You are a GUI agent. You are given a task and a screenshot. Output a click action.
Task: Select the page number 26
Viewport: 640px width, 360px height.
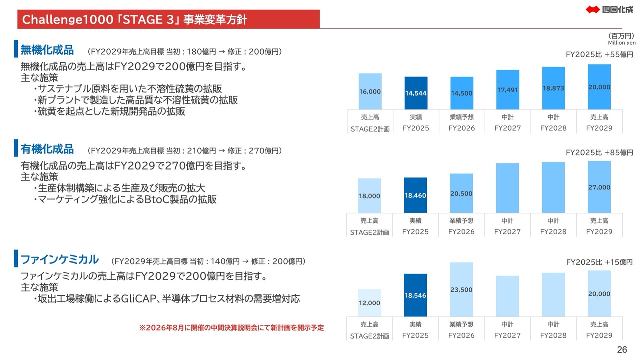click(622, 349)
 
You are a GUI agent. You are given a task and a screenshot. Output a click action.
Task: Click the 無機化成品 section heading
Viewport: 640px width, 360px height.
click(47, 50)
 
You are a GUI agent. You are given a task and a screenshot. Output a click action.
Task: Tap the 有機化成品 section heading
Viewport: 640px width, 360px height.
click(47, 149)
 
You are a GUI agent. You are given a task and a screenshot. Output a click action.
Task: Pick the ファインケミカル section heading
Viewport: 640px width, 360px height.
click(59, 260)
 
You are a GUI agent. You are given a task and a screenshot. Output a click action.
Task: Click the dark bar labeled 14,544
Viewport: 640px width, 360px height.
click(416, 93)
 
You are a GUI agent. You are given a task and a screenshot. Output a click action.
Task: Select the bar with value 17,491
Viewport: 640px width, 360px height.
click(507, 90)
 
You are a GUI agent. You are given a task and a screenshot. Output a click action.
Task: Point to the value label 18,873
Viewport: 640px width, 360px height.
click(553, 88)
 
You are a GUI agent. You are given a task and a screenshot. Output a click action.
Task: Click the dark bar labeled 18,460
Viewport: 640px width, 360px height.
click(416, 195)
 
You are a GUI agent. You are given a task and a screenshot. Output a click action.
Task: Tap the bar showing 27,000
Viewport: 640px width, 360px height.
click(599, 187)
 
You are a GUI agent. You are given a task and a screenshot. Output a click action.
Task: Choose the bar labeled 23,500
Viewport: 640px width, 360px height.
click(461, 289)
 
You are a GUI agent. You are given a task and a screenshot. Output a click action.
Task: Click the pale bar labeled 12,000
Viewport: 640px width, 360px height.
click(370, 303)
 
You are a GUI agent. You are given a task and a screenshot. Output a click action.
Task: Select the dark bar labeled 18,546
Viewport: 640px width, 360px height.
click(416, 295)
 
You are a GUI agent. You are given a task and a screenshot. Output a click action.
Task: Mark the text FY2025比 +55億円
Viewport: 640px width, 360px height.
click(599, 54)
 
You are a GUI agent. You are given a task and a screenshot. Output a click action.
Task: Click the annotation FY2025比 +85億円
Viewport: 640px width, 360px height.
click(599, 153)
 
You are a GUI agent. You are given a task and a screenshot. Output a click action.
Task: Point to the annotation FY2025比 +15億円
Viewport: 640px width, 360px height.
click(599, 262)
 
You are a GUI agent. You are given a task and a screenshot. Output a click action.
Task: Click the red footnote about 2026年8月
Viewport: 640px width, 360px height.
click(231, 328)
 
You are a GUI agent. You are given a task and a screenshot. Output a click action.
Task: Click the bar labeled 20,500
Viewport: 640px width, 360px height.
click(461, 194)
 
